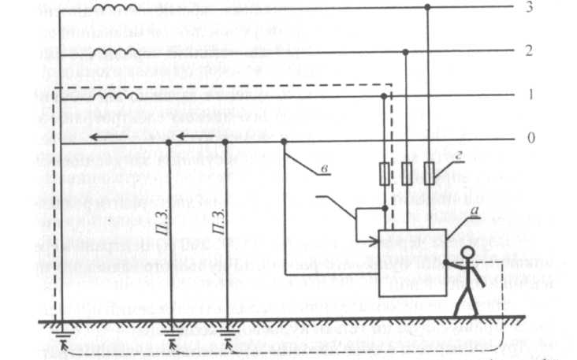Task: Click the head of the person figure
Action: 467,254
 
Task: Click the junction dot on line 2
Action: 406,52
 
